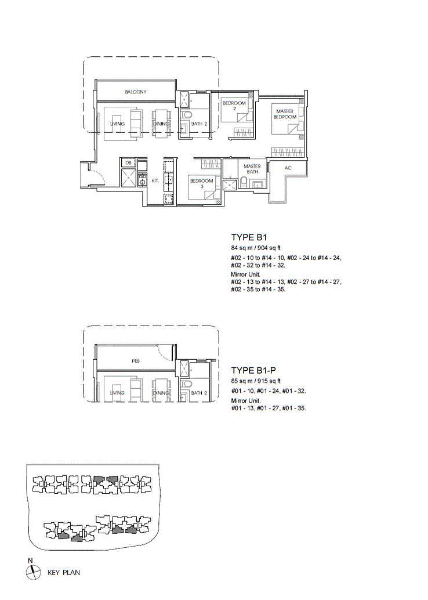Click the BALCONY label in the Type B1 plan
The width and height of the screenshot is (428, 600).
[x=135, y=92]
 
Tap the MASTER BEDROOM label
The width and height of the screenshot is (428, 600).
[x=285, y=114]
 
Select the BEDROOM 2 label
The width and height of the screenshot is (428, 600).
[x=234, y=106]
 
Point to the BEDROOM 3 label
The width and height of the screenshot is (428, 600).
[x=202, y=183]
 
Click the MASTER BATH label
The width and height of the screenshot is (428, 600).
[x=252, y=169]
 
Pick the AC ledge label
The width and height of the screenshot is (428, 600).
[x=288, y=168]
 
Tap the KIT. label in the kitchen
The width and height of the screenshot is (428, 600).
[x=155, y=180]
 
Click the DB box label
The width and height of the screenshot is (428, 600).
[x=128, y=162]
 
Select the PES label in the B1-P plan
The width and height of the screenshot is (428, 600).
[x=135, y=361]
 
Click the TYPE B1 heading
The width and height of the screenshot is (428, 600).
[x=249, y=237]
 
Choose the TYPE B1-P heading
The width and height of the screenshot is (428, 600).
[x=253, y=370]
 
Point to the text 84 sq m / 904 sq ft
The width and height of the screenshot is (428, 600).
[x=256, y=248]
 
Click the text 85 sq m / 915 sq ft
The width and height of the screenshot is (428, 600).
[x=256, y=381]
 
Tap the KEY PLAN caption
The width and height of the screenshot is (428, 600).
[x=64, y=573]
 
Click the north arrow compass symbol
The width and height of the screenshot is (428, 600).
[x=33, y=573]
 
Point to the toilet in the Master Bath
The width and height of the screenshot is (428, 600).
[x=244, y=182]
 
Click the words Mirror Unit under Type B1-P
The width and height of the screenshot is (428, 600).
[x=245, y=400]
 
